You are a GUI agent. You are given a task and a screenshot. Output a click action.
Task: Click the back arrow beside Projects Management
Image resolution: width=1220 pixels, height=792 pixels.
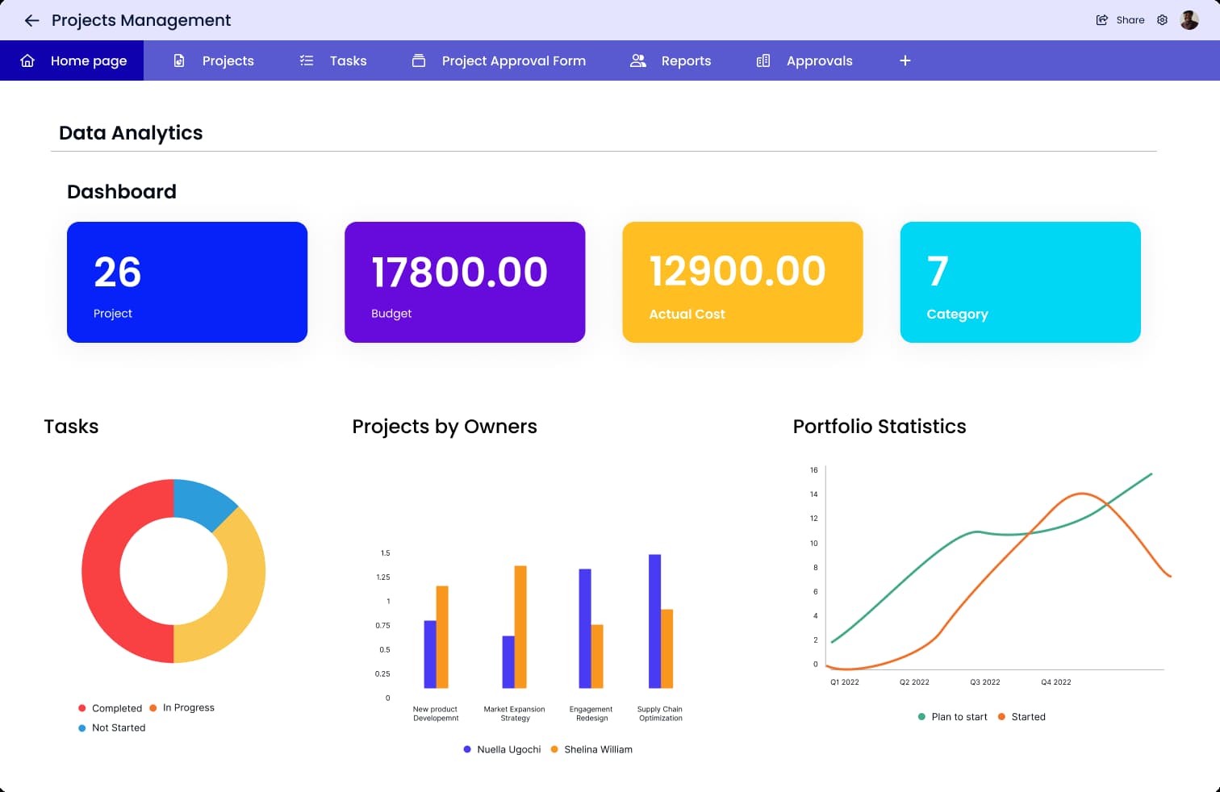tap(31, 21)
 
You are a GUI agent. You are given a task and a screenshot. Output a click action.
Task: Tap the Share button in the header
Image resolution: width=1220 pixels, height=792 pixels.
tap(1120, 20)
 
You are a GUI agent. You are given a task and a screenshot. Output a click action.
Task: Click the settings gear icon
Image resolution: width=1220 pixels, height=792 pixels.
tap(1162, 20)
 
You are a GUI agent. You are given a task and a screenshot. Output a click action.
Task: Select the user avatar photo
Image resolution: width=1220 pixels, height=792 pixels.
tap(1189, 20)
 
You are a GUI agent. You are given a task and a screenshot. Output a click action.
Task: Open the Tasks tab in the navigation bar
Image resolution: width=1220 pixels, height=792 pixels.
tap(333, 60)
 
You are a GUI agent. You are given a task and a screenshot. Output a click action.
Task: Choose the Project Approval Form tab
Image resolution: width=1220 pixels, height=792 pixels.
tap(499, 60)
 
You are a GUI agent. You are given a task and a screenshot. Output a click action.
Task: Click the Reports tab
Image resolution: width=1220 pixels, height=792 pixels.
tap(671, 60)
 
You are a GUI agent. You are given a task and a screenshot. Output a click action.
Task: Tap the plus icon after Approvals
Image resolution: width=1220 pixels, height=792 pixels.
tap(905, 60)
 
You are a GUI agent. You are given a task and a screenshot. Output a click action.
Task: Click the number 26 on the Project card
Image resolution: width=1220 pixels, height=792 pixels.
tap(117, 272)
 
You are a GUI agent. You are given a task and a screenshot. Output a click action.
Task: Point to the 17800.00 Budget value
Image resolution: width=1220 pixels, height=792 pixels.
tap(459, 272)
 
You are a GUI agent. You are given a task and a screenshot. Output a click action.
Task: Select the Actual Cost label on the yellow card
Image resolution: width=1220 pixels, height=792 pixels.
tap(687, 314)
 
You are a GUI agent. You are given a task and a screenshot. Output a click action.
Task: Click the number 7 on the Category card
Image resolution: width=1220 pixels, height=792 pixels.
tap(938, 271)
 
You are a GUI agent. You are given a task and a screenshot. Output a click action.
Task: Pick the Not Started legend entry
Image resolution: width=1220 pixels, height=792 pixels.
tap(111, 727)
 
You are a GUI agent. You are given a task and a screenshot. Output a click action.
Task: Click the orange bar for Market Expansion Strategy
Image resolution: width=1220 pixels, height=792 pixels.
tap(520, 627)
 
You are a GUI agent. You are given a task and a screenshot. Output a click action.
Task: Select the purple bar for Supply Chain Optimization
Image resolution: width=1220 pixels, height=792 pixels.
tap(654, 621)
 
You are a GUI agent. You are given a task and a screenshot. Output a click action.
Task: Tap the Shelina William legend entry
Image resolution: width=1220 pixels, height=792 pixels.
tap(591, 749)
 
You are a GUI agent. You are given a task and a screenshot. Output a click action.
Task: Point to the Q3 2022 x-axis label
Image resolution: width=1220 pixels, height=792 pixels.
tap(984, 682)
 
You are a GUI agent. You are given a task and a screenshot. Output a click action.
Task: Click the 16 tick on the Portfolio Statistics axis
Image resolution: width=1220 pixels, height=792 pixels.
tap(813, 469)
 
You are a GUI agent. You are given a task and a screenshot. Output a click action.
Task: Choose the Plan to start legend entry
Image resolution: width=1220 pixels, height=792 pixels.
tap(953, 717)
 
